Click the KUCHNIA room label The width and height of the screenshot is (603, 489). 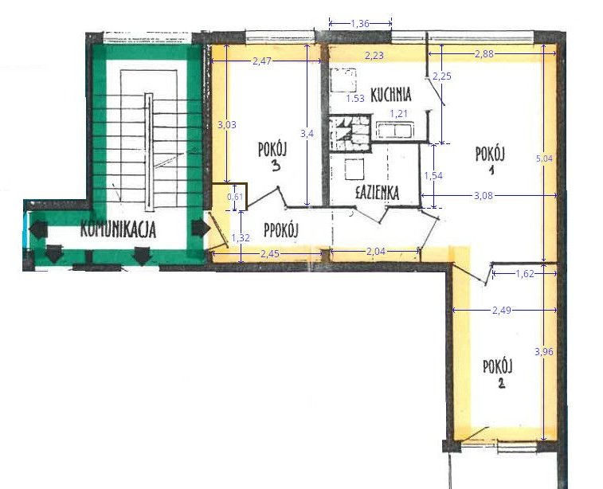[391, 94]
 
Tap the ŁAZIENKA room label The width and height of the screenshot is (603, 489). [377, 193]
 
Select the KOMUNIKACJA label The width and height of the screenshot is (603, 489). [118, 229]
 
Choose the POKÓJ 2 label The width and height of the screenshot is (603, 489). [498, 374]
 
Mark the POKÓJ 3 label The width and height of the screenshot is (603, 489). [272, 155]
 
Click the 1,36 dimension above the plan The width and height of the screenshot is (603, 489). [360, 24]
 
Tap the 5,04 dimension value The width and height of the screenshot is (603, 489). [544, 158]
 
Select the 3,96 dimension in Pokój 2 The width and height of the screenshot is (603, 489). [544, 351]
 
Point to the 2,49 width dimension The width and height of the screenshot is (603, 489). [502, 310]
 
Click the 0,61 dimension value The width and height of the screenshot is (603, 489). [235, 197]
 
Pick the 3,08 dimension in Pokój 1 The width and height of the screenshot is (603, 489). [484, 196]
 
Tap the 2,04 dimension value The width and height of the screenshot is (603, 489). [376, 252]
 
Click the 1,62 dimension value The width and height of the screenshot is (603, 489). [525, 274]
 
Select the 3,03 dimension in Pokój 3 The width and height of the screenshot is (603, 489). [227, 125]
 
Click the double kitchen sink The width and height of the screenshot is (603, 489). [395, 130]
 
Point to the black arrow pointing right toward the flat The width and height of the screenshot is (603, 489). [201, 228]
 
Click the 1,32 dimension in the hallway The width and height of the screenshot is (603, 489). [241, 238]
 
